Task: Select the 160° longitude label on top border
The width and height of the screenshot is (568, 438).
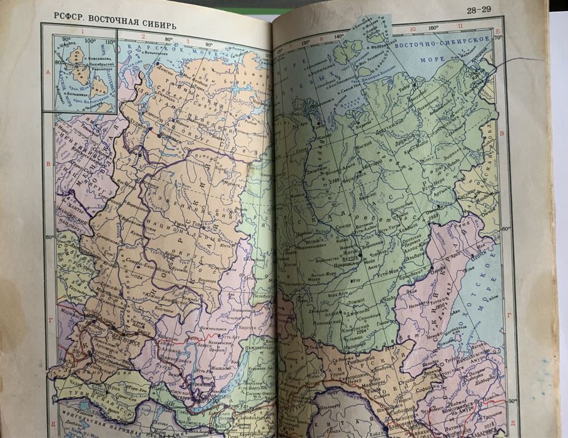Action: click(x=433, y=28)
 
